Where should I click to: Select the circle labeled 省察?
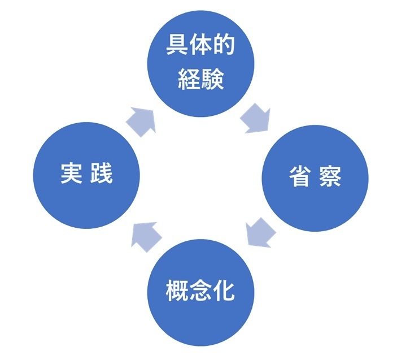(x=315, y=177)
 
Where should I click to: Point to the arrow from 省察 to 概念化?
(x=260, y=232)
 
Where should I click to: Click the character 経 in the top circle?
(x=189, y=80)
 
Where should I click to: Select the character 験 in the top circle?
(x=213, y=80)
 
